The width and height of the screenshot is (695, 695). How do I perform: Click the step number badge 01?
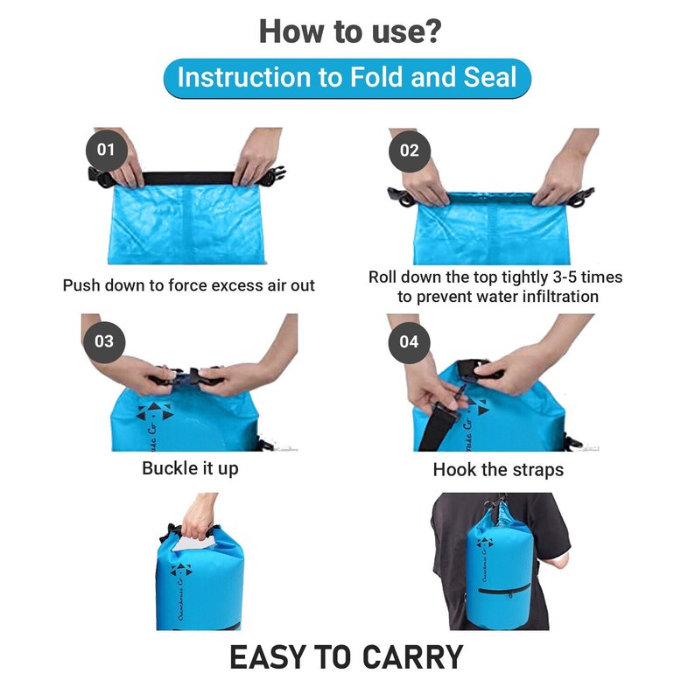[x=105, y=150]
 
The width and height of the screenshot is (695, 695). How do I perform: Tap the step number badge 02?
[x=410, y=150]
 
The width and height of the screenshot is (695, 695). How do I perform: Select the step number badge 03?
[x=104, y=340]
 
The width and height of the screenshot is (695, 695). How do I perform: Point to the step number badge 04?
[x=409, y=340]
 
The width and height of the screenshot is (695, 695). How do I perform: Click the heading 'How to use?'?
[x=349, y=32]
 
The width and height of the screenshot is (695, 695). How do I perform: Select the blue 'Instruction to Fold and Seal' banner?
[x=347, y=78]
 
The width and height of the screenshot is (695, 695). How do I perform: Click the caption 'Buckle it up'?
[x=190, y=468]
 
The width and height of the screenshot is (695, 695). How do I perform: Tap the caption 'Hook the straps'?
[x=498, y=470]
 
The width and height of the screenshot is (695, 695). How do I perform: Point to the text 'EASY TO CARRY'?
[x=347, y=656]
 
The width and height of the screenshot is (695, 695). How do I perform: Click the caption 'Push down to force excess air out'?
[x=188, y=285]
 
